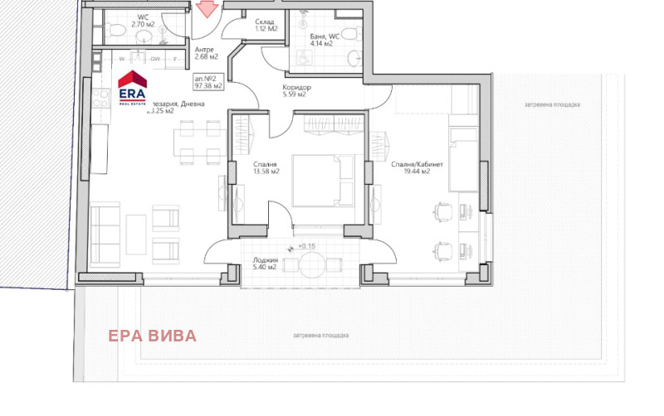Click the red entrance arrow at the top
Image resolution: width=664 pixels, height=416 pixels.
tap(206, 9)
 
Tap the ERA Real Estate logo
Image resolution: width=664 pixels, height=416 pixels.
tap(132, 86)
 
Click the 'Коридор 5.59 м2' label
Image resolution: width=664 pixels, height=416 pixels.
tap(296, 91)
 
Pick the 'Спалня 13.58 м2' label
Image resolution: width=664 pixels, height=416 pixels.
tap(266, 168)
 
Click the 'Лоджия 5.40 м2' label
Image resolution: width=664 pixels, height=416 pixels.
tap(266, 265)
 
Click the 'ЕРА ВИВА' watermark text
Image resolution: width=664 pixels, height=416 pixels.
tap(153, 336)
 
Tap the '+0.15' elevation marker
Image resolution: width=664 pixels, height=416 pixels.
tap(305, 247)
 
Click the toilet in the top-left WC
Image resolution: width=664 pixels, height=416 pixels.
tap(118, 32)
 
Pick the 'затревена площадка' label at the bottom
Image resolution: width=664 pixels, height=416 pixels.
tap(320, 336)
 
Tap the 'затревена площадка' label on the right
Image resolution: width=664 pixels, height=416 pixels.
tap(552, 105)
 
